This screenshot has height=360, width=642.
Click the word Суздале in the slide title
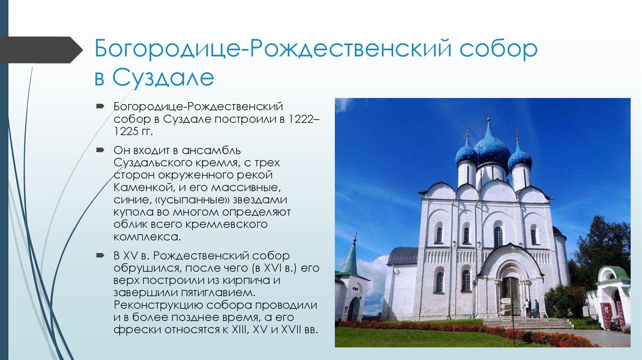click(163, 77)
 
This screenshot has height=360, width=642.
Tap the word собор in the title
click(498, 49)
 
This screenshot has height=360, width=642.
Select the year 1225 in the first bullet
click(125, 132)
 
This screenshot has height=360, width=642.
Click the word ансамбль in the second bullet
click(211, 150)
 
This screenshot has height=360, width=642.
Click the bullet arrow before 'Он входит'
click(100, 150)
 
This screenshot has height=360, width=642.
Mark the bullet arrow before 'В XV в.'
click(100, 255)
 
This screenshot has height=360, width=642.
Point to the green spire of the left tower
click(350, 257)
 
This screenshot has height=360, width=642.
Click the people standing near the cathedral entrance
click(532, 309)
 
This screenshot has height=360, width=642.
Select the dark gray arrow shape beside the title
click(41, 50)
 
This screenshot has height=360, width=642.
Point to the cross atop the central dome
click(488, 114)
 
